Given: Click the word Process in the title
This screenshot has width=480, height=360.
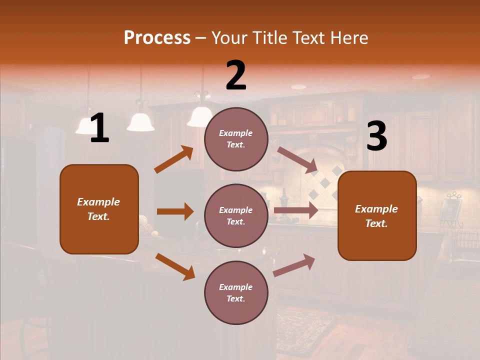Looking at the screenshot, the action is (x=157, y=38).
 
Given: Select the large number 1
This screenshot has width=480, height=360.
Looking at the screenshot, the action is (x=99, y=128).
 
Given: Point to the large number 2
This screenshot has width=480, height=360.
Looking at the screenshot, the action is (x=236, y=76).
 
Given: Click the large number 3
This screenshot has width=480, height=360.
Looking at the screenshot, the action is (x=376, y=136).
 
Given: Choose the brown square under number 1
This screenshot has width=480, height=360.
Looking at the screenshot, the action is (x=99, y=209).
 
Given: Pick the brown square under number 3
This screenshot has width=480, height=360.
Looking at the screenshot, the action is (x=377, y=215).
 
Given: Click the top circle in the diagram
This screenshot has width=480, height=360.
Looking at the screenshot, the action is (x=236, y=139).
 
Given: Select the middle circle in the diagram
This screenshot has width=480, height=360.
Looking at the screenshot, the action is (x=236, y=215).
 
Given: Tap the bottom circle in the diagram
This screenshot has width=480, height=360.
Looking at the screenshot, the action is (x=236, y=292).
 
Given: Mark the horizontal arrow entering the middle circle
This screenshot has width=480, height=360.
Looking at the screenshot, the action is (x=175, y=211).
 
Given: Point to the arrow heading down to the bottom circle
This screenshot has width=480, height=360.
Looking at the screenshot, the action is (x=175, y=266).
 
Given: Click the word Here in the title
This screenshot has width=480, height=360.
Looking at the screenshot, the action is (x=348, y=38).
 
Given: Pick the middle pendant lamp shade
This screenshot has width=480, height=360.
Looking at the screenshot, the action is (x=140, y=122).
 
